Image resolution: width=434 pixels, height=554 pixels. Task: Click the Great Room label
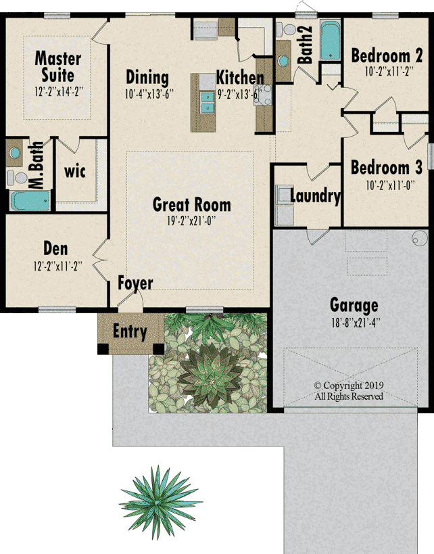pos(192,204)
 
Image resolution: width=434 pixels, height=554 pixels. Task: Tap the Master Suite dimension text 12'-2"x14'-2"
pos(59,92)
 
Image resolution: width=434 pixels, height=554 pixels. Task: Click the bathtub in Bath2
pos(331,40)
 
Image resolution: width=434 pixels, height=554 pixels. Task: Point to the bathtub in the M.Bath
pos(30,201)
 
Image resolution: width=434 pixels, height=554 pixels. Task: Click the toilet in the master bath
pos(18,178)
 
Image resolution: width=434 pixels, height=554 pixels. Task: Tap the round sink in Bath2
pos(283,61)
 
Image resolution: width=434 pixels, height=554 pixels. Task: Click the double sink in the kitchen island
pos(208,102)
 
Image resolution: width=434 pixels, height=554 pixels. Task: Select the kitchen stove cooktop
pos(263,95)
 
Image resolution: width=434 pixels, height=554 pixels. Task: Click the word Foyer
pos(135,283)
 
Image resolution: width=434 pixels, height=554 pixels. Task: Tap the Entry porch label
pos(130,331)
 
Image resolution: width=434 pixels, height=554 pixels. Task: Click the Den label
pos(55,249)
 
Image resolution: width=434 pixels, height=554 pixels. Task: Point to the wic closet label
pos(75,172)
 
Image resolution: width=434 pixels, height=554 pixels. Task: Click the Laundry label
pos(315,196)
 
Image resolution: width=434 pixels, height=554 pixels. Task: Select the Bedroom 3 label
pos(386,168)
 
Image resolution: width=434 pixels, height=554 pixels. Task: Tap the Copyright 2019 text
pos(349,386)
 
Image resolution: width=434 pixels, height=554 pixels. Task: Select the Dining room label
pos(147,78)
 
